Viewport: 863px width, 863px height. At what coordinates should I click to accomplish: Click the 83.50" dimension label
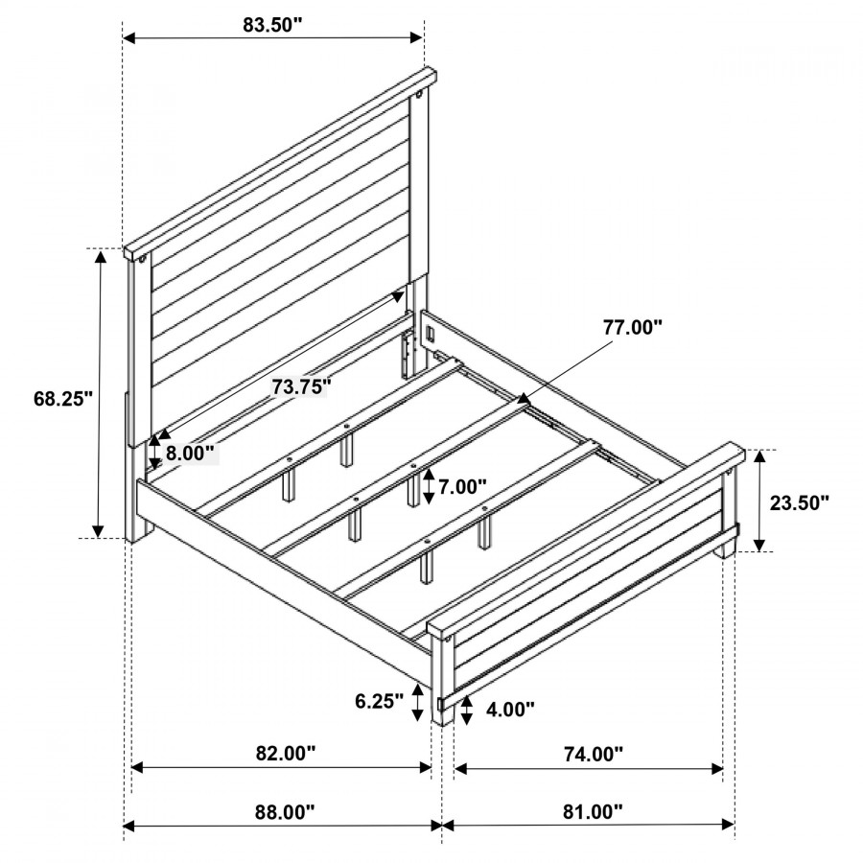[273, 25]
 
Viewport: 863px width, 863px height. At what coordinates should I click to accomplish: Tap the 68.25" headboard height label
[63, 399]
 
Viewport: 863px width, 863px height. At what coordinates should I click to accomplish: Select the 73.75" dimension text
[300, 387]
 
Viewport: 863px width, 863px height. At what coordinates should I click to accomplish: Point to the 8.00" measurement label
[190, 454]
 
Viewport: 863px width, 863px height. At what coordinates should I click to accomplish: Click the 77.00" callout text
[633, 328]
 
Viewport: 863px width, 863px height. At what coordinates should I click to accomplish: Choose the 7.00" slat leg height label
[463, 486]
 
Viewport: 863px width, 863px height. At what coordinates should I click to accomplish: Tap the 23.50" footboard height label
[799, 502]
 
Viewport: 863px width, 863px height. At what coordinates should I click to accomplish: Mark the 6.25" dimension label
[379, 701]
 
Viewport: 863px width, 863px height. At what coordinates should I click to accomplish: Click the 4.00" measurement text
[510, 710]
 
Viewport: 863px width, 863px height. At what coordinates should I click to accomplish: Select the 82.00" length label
[286, 753]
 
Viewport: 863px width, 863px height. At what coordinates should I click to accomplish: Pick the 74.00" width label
[594, 754]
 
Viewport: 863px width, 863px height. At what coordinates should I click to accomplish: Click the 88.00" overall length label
[285, 812]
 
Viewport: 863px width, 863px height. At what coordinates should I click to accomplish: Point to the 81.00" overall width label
[593, 812]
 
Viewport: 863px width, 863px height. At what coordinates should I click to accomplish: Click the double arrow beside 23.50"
[759, 501]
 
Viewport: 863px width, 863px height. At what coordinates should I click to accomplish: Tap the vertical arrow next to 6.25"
[418, 702]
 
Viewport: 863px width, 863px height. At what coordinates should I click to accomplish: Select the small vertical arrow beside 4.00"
[467, 710]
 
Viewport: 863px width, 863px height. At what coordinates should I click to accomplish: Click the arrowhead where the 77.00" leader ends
[522, 397]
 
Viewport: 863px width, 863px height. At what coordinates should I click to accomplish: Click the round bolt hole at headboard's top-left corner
[143, 259]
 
